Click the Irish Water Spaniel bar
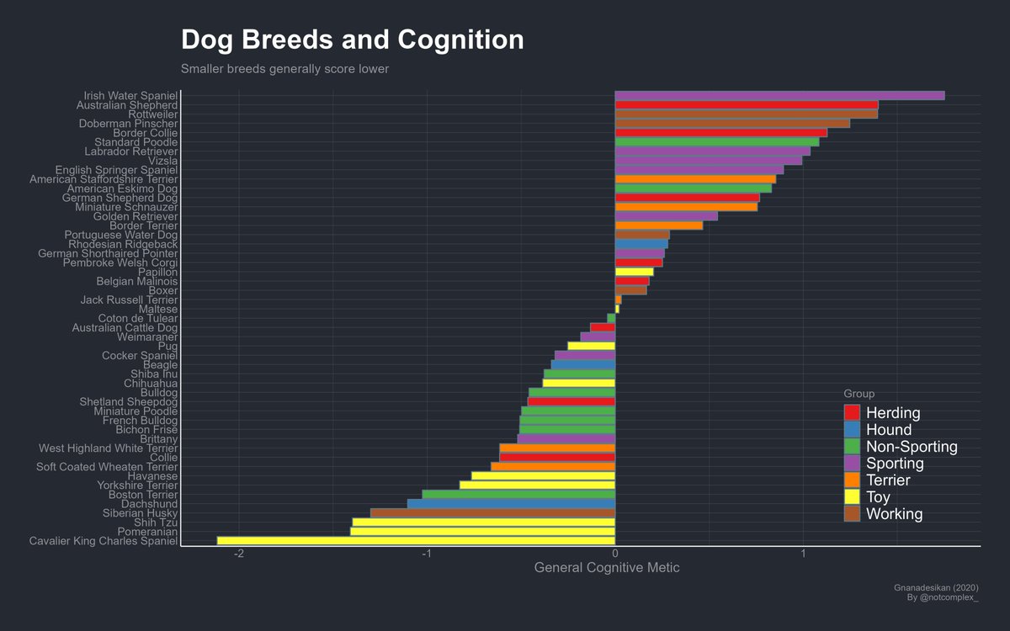[x=779, y=96]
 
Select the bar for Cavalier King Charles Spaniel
[x=416, y=541]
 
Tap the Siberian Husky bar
[x=492, y=513]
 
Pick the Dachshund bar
[x=511, y=504]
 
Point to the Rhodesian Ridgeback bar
[x=641, y=244]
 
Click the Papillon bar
[x=634, y=272]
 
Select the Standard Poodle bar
[x=717, y=142]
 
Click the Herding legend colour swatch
[x=852, y=413]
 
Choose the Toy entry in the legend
[x=878, y=497]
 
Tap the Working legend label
[x=894, y=514]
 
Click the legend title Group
[x=858, y=394]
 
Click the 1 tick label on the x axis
[x=803, y=554]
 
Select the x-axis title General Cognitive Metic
[x=607, y=569]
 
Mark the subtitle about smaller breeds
[x=284, y=69]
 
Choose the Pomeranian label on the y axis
[x=147, y=532]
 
